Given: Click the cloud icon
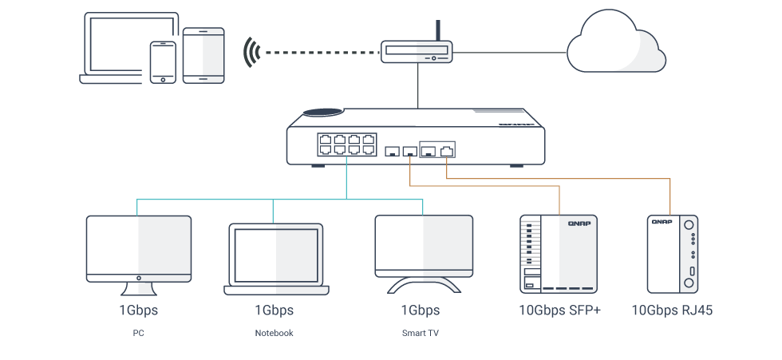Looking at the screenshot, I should click(x=615, y=44).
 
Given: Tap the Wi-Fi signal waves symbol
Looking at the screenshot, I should click(x=253, y=53).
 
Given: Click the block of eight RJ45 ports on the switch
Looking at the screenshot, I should click(x=346, y=145).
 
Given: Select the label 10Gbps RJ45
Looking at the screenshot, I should click(x=672, y=310).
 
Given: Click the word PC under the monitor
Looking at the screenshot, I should click(x=138, y=333).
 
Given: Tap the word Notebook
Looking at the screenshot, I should click(x=274, y=333).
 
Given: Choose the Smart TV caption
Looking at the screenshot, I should click(x=420, y=333).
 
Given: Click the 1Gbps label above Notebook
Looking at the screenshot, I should click(x=274, y=310).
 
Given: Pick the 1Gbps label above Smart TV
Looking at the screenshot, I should click(x=420, y=310).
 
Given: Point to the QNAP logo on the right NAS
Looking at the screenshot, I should click(x=661, y=222).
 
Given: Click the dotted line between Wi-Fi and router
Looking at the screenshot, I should click(x=319, y=53).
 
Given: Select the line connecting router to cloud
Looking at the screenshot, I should click(x=511, y=53).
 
